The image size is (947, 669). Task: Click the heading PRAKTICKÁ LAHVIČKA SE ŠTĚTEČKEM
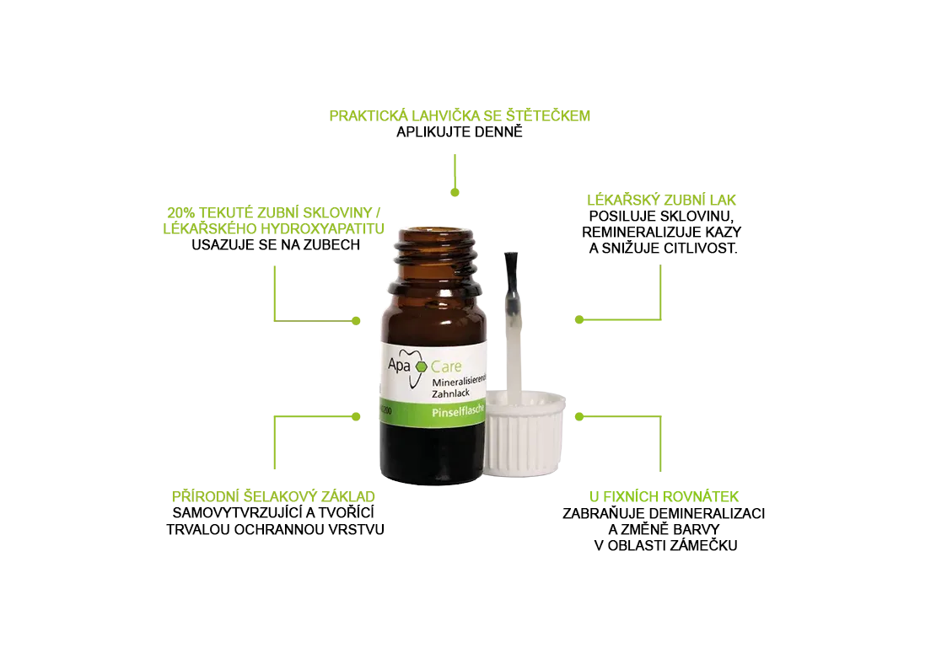(x=460, y=115)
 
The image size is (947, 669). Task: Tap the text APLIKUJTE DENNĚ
(x=460, y=132)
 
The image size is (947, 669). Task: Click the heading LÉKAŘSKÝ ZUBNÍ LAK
(x=661, y=201)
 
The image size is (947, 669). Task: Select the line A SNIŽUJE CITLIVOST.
(x=663, y=249)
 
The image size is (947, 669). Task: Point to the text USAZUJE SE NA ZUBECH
(x=276, y=245)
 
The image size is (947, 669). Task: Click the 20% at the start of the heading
(x=180, y=213)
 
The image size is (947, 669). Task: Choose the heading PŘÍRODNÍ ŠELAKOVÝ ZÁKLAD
(x=273, y=496)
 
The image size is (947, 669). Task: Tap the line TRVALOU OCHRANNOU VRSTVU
(x=276, y=530)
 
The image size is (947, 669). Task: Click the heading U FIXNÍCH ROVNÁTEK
(x=664, y=496)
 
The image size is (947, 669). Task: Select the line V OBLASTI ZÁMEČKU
(x=665, y=546)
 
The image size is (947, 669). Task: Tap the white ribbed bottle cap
(x=525, y=432)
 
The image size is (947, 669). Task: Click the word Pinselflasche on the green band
(x=459, y=411)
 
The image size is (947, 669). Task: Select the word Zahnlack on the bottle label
(x=450, y=393)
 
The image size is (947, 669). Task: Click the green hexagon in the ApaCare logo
(x=420, y=367)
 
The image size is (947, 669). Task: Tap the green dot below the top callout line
(x=455, y=192)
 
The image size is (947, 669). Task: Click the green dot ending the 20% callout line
(x=356, y=321)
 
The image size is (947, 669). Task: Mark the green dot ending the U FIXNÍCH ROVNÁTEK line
(x=579, y=417)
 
